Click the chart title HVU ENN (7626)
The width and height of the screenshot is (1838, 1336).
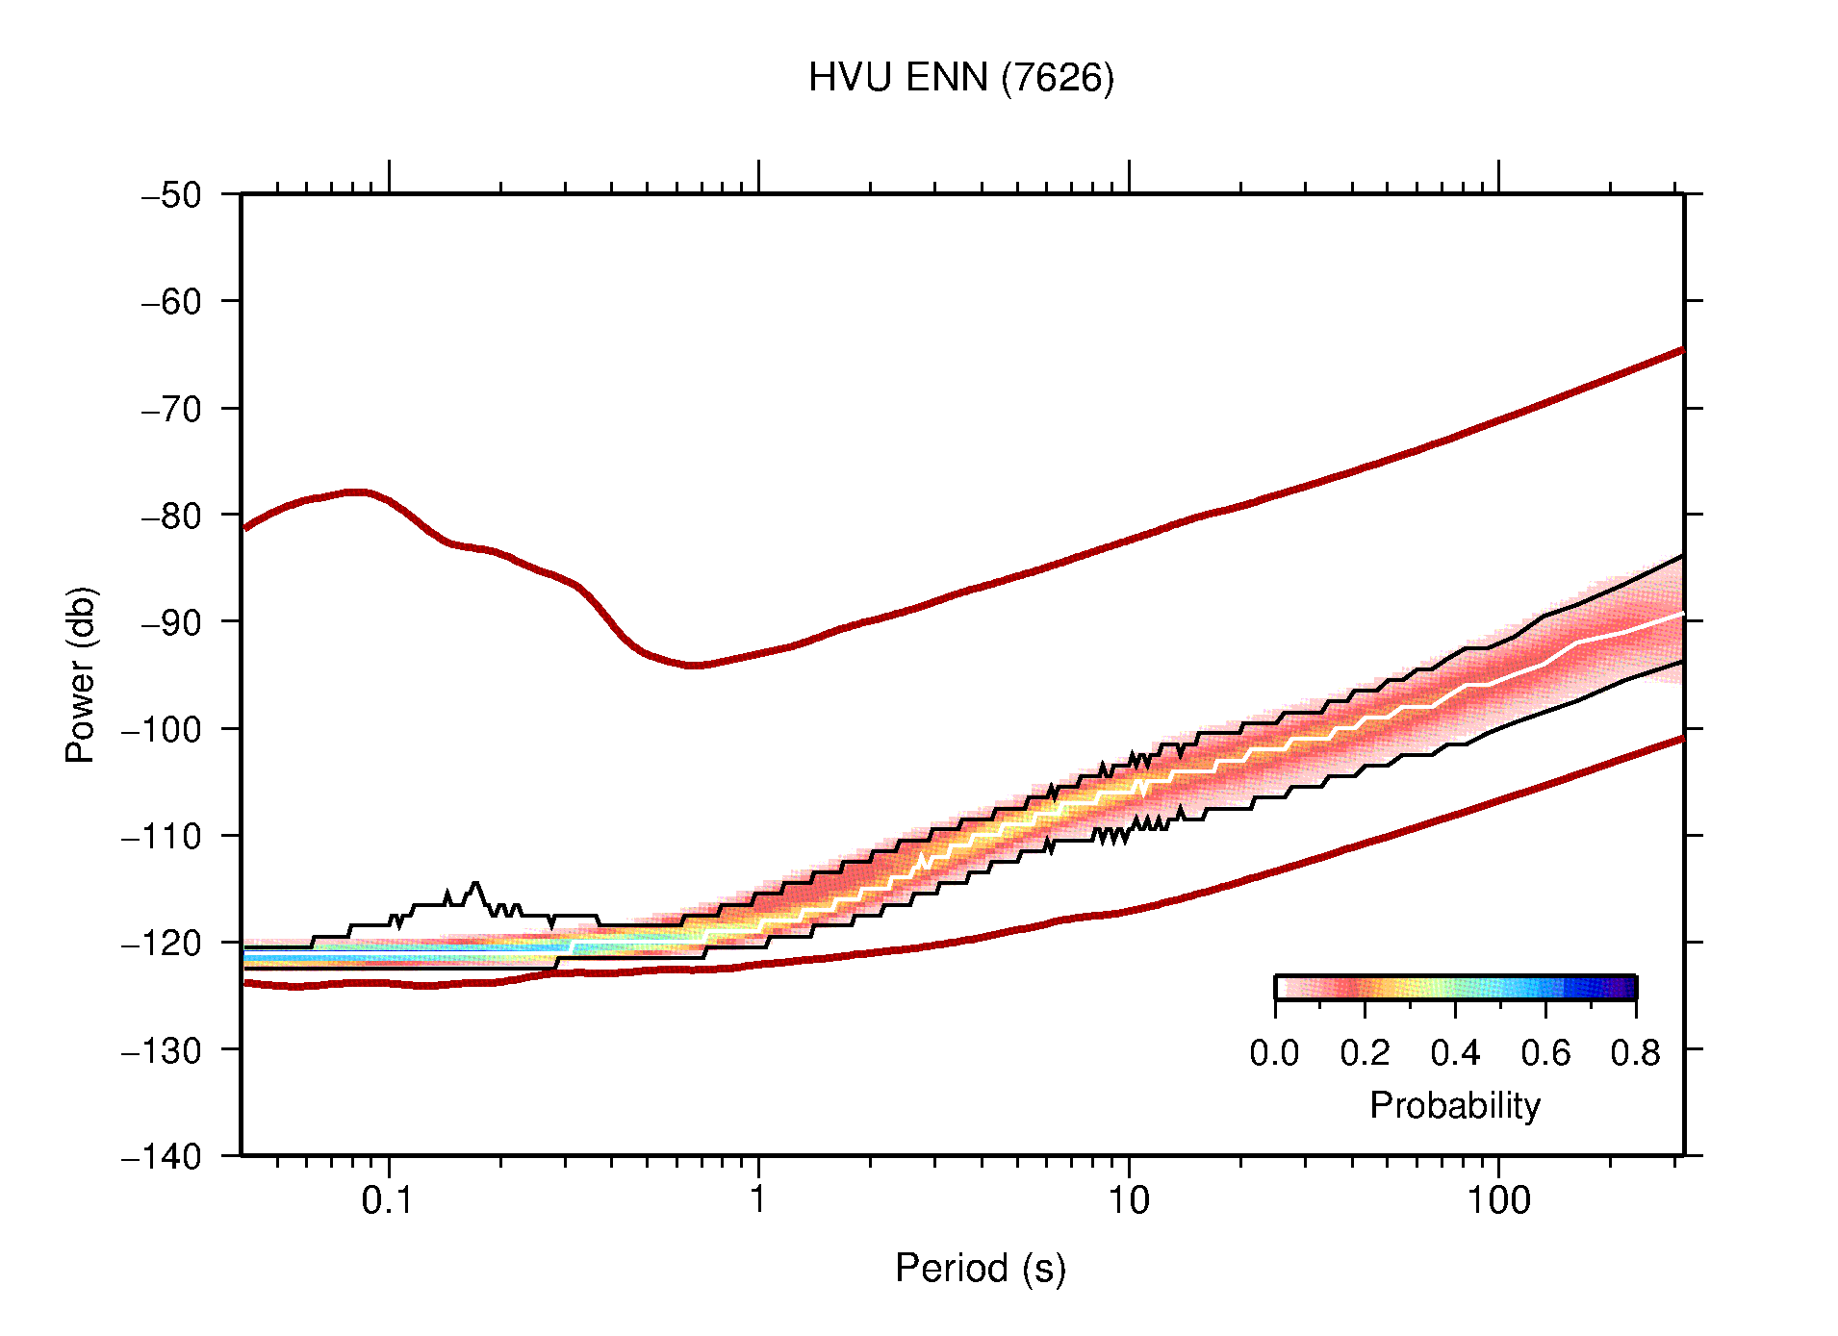(960, 78)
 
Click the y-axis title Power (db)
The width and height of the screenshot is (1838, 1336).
(81, 674)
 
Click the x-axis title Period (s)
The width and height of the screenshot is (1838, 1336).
(980, 1269)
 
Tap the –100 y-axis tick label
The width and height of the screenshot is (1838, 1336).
(162, 729)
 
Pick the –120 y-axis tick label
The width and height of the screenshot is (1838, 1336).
(162, 943)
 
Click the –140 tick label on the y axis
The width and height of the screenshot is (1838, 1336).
(162, 1156)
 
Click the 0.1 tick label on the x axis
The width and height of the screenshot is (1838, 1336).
(388, 1200)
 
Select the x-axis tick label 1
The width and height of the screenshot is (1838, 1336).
(758, 1200)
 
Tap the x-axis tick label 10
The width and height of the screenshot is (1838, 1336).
(1128, 1200)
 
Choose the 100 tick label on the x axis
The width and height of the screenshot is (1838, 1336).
(1497, 1200)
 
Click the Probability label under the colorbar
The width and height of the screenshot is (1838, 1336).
(1454, 1105)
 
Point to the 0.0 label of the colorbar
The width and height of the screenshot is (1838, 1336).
(1274, 1053)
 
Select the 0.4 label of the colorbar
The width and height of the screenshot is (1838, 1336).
(1455, 1053)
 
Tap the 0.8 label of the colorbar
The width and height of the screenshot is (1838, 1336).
(1635, 1053)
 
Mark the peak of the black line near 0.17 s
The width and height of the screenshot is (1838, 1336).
(475, 882)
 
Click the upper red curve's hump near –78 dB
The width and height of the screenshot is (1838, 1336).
(356, 492)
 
